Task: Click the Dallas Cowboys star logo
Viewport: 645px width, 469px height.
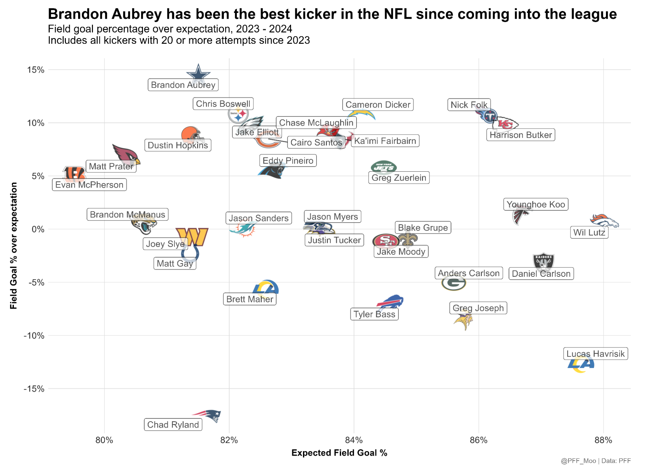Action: tap(198, 74)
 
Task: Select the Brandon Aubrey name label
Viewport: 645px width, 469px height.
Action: tap(183, 85)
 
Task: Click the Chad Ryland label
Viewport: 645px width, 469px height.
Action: tap(173, 424)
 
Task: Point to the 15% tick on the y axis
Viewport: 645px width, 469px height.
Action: tap(35, 70)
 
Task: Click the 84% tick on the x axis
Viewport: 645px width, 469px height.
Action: tap(354, 440)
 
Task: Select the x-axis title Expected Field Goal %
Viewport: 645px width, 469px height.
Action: tap(339, 453)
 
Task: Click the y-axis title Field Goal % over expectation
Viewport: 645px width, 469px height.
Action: tap(14, 245)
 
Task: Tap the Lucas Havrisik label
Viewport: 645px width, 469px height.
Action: tap(595, 354)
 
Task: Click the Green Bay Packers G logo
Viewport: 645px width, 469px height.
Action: tap(454, 283)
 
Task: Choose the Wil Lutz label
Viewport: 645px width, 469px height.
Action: tap(589, 232)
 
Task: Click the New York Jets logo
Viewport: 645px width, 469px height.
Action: tap(384, 167)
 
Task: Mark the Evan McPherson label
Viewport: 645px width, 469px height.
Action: tap(89, 185)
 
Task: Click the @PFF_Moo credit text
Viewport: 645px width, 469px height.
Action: tap(578, 461)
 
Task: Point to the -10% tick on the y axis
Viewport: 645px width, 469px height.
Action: tap(34, 335)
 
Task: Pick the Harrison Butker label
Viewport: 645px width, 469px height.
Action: tap(520, 135)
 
